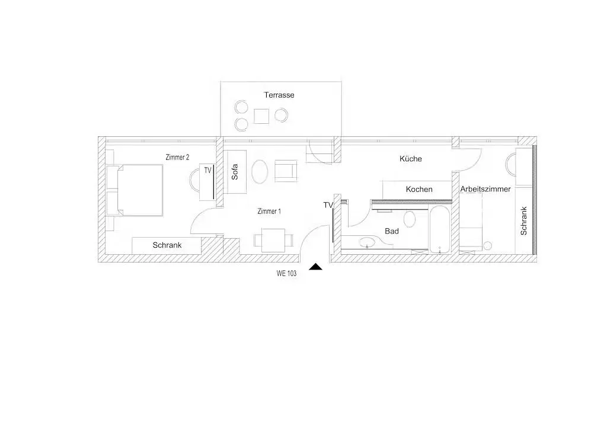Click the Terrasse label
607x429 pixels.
(279, 95)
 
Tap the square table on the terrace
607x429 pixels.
(261, 116)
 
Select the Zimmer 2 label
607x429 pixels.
(177, 157)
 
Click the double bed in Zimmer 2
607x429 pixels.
(139, 190)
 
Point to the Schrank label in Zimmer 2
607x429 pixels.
(167, 245)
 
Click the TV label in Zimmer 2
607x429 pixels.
(208, 170)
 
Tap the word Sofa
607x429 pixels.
(235, 172)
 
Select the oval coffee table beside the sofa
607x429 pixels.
(260, 171)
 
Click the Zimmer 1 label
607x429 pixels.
(269, 211)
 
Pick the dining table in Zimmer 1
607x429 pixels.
(273, 240)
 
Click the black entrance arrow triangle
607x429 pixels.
(315, 267)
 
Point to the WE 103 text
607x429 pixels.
(286, 273)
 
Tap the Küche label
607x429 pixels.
(411, 159)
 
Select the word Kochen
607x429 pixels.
(419, 189)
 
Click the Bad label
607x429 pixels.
(392, 231)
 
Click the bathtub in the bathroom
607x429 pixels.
(439, 229)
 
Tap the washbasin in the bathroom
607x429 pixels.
(367, 243)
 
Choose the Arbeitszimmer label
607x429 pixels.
(485, 189)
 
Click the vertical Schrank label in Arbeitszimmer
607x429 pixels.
(524, 221)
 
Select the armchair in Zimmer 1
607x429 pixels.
(286, 171)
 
